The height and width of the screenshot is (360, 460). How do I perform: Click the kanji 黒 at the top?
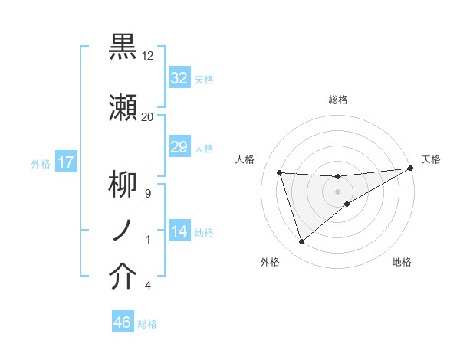pyautogui.click(x=123, y=47)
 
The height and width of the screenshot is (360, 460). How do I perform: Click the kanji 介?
pyautogui.click(x=123, y=277)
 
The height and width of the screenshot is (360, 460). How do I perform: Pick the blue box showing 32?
pyautogui.click(x=179, y=78)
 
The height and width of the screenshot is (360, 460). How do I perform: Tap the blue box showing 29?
pyautogui.click(x=179, y=147)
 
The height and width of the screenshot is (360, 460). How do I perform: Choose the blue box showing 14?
pyautogui.click(x=179, y=231)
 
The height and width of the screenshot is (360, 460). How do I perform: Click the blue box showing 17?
pyautogui.click(x=65, y=162)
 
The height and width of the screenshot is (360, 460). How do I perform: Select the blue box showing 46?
pyautogui.click(x=123, y=322)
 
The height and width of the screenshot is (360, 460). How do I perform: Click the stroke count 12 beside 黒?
pyautogui.click(x=147, y=56)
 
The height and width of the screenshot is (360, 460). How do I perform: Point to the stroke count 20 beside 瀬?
pyautogui.click(x=147, y=117)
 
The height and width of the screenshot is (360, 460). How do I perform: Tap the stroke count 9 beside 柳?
pyautogui.click(x=147, y=193)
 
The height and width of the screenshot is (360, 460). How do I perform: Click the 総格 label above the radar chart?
pyautogui.click(x=338, y=100)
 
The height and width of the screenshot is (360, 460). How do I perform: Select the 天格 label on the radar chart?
pyautogui.click(x=431, y=159)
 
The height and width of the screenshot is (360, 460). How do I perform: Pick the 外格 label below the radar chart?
pyautogui.click(x=269, y=262)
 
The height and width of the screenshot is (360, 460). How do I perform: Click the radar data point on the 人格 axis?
pyautogui.click(x=280, y=172)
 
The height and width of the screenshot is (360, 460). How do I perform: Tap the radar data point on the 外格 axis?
pyautogui.click(x=301, y=242)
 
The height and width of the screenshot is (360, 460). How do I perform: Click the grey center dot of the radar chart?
pyautogui.click(x=338, y=191)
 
